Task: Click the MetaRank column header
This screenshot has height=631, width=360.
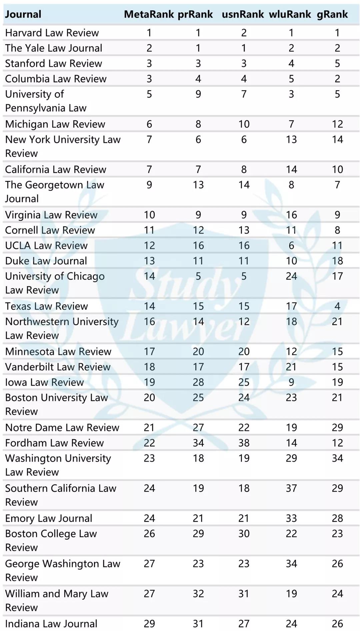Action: pos(149,14)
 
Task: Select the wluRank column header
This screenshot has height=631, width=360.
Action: pos(290,14)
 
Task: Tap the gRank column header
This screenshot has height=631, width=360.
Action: pos(332,14)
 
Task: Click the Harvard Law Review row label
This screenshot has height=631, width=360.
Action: pos(52,33)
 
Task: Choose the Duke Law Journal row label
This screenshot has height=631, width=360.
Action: pos(46,261)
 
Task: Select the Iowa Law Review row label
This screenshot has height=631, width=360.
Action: pos(44,382)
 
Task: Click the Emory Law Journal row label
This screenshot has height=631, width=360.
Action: pos(49,518)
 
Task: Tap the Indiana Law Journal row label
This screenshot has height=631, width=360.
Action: pos(51,623)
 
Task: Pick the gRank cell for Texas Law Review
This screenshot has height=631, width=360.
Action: pos(337,306)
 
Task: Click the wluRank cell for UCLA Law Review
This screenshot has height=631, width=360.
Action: pos(291,245)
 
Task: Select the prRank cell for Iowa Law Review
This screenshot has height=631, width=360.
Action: pos(198,382)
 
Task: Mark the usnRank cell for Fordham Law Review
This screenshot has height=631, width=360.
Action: pos(244,442)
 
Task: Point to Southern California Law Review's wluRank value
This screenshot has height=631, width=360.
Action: pos(291,488)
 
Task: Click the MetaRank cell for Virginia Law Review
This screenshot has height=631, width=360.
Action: pos(149,215)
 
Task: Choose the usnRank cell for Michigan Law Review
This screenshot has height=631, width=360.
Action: pos(244,124)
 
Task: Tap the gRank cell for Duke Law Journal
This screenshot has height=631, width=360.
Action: pos(337,261)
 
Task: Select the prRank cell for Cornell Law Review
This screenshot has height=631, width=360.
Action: pos(198,230)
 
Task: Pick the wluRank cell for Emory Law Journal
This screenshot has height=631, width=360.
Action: pos(291,518)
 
